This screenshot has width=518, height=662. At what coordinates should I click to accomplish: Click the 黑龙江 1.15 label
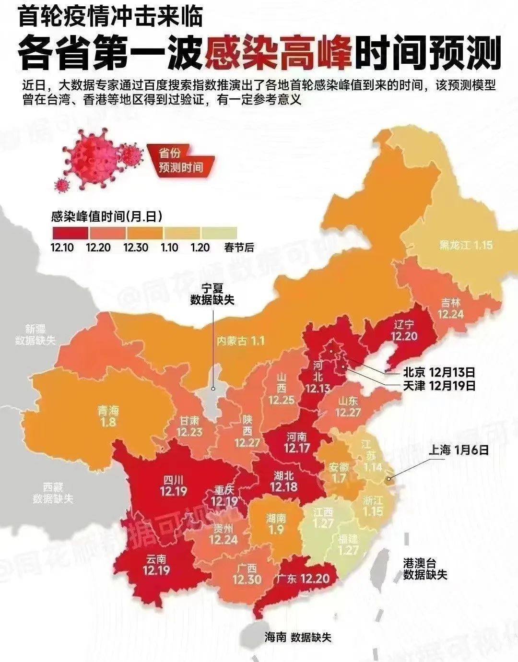(x=466, y=245)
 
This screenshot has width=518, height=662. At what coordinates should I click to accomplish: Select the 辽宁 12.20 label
(x=404, y=330)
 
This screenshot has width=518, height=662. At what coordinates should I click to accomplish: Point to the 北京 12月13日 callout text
(x=439, y=372)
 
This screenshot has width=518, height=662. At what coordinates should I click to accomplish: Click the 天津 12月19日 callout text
(x=439, y=385)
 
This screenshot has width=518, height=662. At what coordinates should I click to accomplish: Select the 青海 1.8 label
(x=108, y=416)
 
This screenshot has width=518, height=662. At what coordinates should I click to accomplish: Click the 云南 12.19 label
(x=156, y=565)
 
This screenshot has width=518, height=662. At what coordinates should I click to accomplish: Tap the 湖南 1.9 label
(x=276, y=524)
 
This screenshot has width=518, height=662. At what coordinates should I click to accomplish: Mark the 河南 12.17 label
(x=297, y=442)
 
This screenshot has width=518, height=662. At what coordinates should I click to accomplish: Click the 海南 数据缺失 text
(x=298, y=637)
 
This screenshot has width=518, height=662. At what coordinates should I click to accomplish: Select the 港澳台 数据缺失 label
(x=425, y=568)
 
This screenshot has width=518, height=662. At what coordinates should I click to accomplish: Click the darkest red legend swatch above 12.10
(x=70, y=233)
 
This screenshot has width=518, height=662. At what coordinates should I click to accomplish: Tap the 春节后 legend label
(x=239, y=248)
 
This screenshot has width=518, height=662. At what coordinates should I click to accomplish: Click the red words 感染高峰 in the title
(x=279, y=52)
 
